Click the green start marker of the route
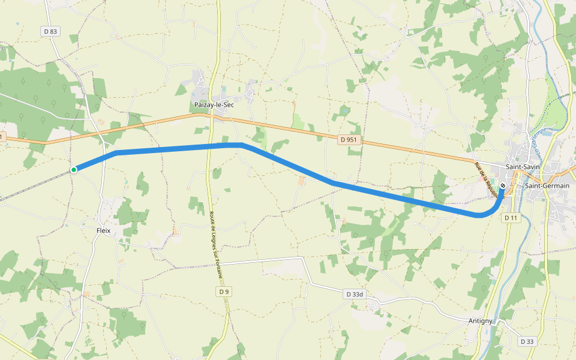(x=74, y=170)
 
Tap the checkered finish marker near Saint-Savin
(x=502, y=185)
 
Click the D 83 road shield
(x=50, y=31)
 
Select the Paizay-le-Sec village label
(x=214, y=104)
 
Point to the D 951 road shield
(x=349, y=140)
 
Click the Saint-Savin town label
(x=523, y=166)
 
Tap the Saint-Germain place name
(x=547, y=186)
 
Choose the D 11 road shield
(x=511, y=217)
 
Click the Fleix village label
(x=104, y=230)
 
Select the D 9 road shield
(x=223, y=292)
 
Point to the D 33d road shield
(x=355, y=295)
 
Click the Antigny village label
(x=481, y=321)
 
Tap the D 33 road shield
(x=527, y=341)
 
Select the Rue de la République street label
(x=487, y=179)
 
